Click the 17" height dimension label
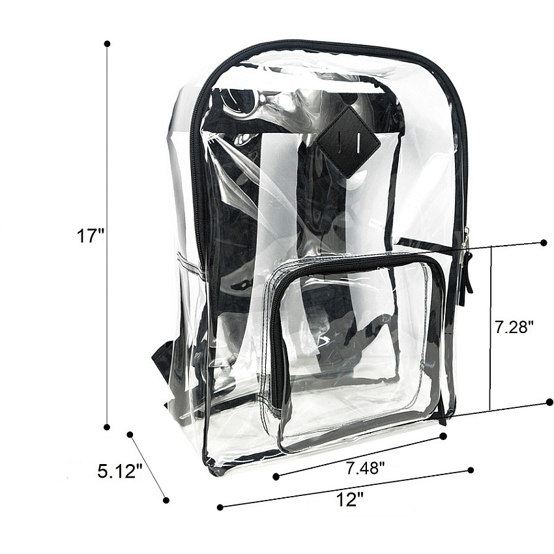91,236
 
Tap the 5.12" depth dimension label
120,471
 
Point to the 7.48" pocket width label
365,468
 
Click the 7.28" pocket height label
513,327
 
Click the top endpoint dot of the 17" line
108,44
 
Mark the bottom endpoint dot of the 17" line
107,427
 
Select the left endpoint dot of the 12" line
220,507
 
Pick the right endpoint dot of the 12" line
471,470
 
